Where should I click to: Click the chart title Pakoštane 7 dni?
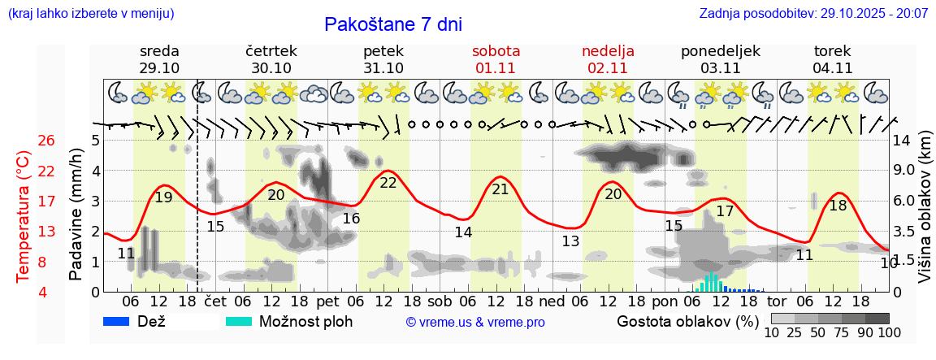click(392, 24)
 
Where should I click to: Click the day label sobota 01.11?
click(496, 59)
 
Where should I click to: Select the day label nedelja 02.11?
click(608, 59)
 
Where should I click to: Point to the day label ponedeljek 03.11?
click(720, 59)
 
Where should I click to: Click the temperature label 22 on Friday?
click(388, 183)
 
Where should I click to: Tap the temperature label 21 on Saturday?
click(500, 189)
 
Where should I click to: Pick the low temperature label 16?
click(351, 219)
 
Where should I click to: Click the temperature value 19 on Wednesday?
click(163, 197)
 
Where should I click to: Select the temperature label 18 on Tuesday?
click(838, 206)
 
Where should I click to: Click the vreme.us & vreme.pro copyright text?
click(475, 322)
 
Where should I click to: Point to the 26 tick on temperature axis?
click(46, 141)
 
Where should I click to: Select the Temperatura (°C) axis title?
click(23, 217)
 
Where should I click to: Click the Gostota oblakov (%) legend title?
click(682, 320)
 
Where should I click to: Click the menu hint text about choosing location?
click(90, 14)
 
